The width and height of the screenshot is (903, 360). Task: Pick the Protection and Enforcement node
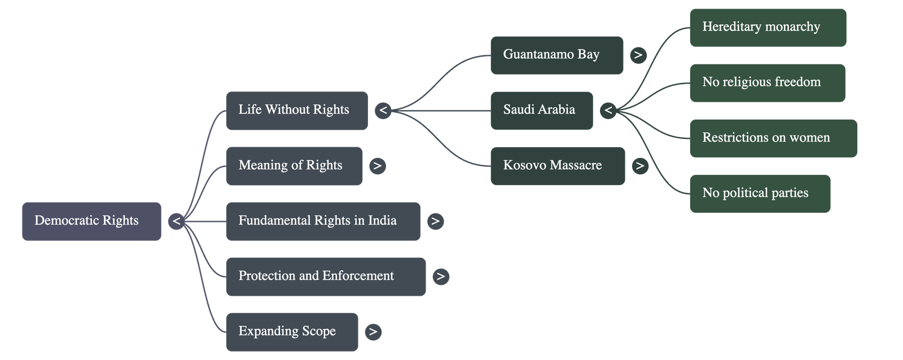click(x=325, y=276)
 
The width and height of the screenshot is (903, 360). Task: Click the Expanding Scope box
click(x=291, y=332)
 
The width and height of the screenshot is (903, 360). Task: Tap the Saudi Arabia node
click(x=541, y=111)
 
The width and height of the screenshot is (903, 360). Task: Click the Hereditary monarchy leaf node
click(x=767, y=27)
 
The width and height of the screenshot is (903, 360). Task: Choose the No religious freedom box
click(x=766, y=83)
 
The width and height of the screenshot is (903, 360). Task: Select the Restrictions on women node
click(x=772, y=138)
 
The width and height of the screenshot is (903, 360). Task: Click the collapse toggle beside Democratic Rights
click(x=176, y=221)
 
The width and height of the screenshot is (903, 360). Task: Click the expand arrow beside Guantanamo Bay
click(x=638, y=55)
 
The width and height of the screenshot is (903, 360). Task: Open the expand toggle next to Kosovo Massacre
click(x=639, y=166)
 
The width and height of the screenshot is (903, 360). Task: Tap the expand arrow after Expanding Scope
click(x=372, y=332)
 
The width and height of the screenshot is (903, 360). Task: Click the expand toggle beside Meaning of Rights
click(x=377, y=166)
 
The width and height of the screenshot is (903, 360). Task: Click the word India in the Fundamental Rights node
click(x=382, y=221)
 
